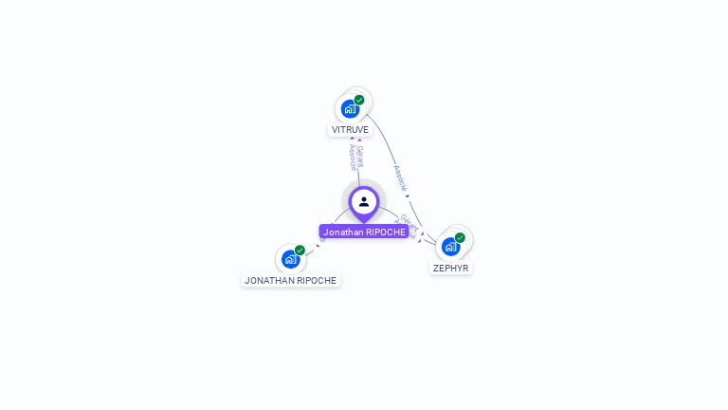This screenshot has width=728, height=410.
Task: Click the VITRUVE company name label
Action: pos(350,129)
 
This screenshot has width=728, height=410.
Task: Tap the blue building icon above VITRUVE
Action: pos(350,109)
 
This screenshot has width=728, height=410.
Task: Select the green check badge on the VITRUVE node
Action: pos(359,100)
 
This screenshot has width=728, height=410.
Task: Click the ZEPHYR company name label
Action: pos(450,268)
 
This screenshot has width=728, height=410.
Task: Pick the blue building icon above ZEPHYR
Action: pos(450,247)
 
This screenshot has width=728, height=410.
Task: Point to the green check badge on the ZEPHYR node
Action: pos(460,237)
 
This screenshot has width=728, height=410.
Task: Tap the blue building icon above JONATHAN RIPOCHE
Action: pos(290,259)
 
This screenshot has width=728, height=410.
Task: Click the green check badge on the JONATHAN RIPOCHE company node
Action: pos(300,250)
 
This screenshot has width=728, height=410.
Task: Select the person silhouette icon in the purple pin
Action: pos(364,201)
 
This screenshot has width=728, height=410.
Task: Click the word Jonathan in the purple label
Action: pos(343,232)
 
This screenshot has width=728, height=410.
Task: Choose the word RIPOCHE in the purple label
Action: pos(386,232)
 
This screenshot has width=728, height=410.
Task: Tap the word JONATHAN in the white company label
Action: pos(267,280)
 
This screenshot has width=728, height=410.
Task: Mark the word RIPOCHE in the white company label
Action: pos(315,280)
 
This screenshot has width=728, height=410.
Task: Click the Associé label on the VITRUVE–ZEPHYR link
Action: pos(399,177)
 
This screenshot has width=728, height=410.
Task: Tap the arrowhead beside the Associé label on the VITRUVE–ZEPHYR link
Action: pos(407,196)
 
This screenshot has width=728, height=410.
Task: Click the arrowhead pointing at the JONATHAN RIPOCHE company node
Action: pos(318,244)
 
